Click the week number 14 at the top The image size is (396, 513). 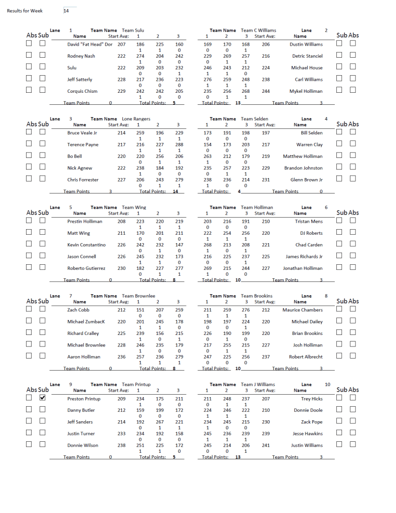click(x=66, y=11)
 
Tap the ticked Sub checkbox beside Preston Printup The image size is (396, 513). click(x=43, y=398)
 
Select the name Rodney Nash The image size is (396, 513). click(x=81, y=56)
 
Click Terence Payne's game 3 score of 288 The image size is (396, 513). click(x=178, y=144)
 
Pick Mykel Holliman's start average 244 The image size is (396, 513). click(x=266, y=91)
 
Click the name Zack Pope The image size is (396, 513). click(x=312, y=422)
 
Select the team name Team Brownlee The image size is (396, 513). click(x=139, y=296)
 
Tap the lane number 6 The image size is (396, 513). click(x=326, y=207)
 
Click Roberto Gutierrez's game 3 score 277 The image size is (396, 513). click(x=178, y=268)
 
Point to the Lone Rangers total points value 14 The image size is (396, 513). click(x=175, y=191)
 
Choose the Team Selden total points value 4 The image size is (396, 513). click(x=240, y=191)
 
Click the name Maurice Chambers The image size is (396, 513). click(x=302, y=310)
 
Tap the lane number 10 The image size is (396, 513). click(x=327, y=384)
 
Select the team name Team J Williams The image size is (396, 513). click(x=258, y=384)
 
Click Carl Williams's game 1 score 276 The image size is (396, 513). click(x=207, y=79)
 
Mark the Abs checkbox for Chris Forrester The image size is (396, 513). click(x=30, y=178)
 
